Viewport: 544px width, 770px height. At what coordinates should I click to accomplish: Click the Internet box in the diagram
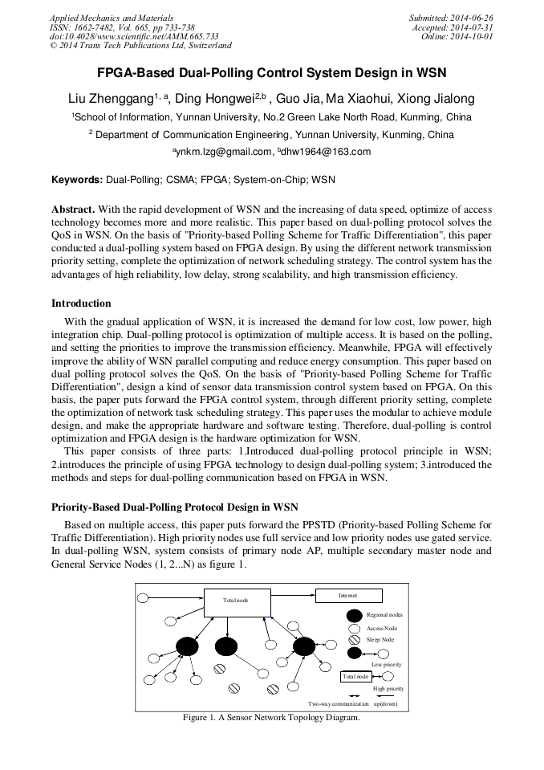(347, 596)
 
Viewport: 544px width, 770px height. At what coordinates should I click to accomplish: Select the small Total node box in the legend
(355, 676)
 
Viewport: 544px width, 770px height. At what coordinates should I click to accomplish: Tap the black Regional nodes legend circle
(354, 615)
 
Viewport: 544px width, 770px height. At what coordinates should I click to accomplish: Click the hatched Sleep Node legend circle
(354, 640)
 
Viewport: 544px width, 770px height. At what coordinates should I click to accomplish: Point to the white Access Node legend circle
(354, 628)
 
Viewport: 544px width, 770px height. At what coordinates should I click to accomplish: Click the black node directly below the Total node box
(226, 646)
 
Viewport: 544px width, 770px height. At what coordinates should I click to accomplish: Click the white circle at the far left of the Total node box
(144, 597)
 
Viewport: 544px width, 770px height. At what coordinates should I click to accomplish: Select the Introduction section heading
(81, 304)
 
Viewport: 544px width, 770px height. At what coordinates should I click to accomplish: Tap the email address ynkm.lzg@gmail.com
(224, 152)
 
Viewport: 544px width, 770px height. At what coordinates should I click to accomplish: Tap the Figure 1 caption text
(271, 718)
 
